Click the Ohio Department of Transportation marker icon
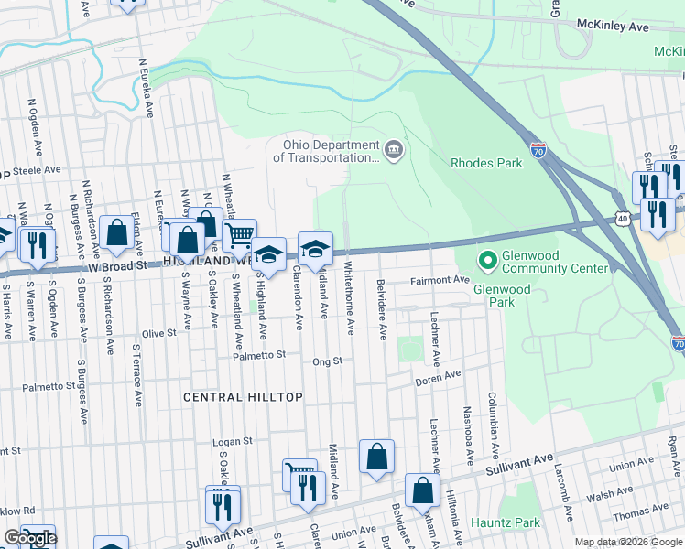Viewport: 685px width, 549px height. coord(394,150)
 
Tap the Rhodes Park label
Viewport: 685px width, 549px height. coord(486,163)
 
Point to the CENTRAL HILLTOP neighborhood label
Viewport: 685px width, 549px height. coord(243,397)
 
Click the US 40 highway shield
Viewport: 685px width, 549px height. coord(623,219)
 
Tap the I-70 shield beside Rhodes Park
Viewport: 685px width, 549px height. coord(539,152)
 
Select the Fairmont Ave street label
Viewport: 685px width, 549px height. coord(440,280)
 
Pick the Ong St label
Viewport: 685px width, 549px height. coord(327,361)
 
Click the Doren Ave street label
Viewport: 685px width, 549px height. coord(438,377)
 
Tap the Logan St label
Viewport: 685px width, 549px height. coord(232,442)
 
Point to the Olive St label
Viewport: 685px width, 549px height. coord(158,334)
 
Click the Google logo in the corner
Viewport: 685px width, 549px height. coord(30,538)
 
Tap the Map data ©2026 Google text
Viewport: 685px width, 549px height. coord(627,542)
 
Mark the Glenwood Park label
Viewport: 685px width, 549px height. coord(501,289)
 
